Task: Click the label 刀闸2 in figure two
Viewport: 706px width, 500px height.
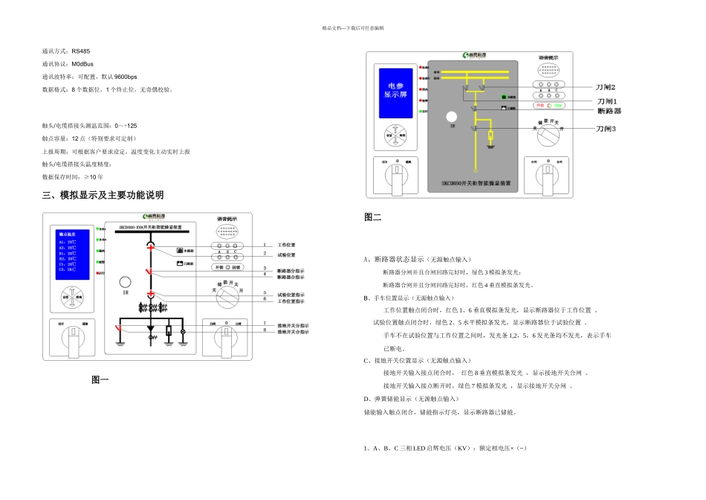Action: [606, 88]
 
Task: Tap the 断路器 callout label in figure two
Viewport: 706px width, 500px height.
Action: [609, 111]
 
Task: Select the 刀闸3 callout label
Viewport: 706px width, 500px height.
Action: [606, 129]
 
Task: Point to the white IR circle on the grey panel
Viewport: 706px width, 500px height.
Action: [451, 117]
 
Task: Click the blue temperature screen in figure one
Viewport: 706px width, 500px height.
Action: [73, 254]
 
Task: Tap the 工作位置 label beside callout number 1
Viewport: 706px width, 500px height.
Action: [286, 245]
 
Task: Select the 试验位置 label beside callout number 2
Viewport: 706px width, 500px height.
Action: [286, 254]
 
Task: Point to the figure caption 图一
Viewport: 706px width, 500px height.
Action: [100, 379]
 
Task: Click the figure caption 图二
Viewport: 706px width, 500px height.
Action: [372, 217]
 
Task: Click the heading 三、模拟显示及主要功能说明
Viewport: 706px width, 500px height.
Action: [103, 195]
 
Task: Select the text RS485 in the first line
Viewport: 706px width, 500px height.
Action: [80, 51]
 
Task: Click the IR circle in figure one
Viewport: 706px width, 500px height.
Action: [126, 282]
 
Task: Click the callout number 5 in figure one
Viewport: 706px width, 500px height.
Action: [264, 293]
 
